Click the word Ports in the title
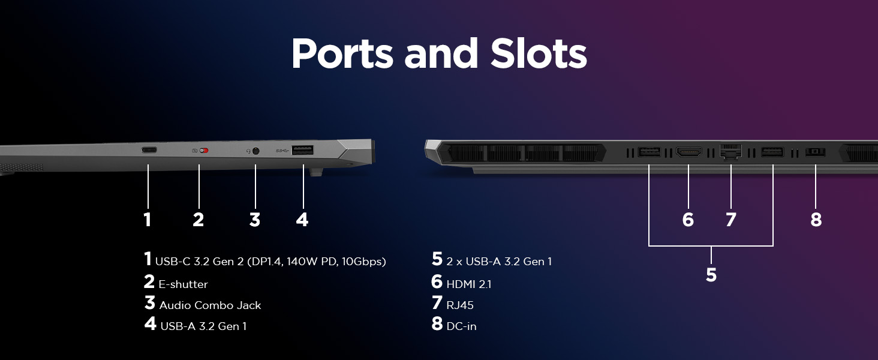coord(342,54)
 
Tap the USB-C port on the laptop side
coord(149,150)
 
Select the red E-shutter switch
coord(203,151)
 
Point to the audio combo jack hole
coord(256,151)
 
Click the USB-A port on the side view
coord(303,151)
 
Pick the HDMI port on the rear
coord(688,152)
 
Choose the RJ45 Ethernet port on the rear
coord(730,152)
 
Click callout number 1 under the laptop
coord(148,220)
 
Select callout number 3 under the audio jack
coord(255,220)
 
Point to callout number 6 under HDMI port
coord(688,220)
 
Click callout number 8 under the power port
coord(816,220)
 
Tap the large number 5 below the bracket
coord(711,275)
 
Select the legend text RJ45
coord(460,305)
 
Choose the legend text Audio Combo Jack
coord(210,305)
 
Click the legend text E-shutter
coord(184,284)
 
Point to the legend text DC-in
coord(461,326)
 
